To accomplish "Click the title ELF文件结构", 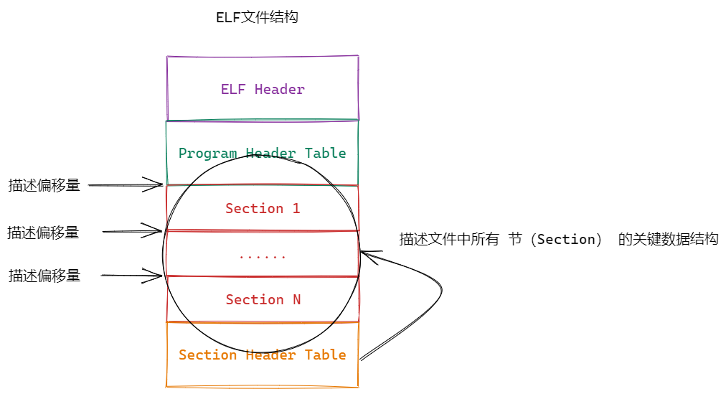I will point(257,18).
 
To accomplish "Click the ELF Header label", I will point(263,90).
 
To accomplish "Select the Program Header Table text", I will point(263,154).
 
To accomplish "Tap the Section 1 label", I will point(263,209).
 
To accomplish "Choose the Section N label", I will point(263,300).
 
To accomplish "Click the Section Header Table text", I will point(263,355).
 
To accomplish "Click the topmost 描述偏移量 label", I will point(44,185).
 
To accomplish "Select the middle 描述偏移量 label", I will point(43,233).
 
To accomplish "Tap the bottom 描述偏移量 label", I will point(44,276).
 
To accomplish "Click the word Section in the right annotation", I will point(567,240).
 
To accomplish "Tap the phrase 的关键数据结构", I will point(668,240).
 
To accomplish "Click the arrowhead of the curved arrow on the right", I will point(363,252).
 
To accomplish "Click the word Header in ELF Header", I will point(280,90).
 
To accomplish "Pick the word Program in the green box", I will point(209,154).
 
